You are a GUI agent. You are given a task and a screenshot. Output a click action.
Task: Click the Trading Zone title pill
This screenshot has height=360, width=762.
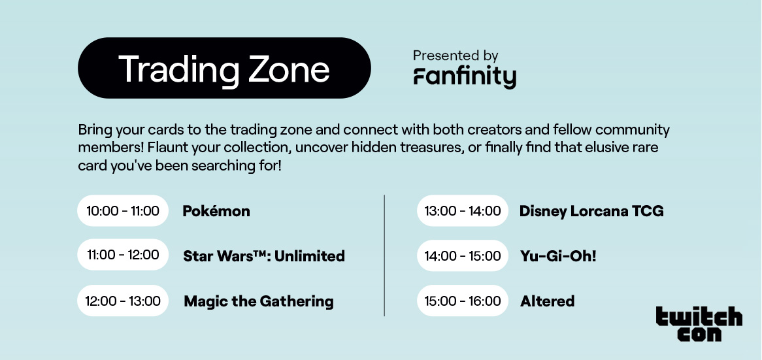224,68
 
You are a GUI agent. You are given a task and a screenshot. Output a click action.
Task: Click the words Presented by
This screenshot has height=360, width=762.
456,56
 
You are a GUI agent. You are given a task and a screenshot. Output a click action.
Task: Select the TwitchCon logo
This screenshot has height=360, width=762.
699,323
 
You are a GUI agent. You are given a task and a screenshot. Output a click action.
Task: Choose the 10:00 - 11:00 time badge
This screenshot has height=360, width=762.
123,211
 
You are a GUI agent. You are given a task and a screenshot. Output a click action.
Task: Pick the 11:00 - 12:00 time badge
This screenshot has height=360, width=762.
123,255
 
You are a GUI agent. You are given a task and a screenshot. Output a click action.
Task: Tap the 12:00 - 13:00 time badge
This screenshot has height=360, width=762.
123,301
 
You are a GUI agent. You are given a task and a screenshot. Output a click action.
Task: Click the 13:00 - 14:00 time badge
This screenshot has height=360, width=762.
463,211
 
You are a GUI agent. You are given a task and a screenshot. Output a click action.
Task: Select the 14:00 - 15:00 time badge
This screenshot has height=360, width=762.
463,255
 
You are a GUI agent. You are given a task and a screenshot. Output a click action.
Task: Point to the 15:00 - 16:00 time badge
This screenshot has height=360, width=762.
463,301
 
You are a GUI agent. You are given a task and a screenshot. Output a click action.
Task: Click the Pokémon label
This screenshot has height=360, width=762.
216,211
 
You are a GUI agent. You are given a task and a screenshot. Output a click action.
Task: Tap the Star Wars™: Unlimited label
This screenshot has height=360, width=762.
264,256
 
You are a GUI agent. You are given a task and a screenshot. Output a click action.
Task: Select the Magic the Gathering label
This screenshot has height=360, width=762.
259,301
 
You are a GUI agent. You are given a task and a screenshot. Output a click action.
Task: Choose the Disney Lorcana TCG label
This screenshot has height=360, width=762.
591,211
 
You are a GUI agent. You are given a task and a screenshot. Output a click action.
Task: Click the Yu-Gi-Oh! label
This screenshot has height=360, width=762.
558,256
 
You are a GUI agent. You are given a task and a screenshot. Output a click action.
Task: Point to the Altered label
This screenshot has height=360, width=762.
547,301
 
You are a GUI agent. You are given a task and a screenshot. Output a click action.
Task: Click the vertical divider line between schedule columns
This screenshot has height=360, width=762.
384,255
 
